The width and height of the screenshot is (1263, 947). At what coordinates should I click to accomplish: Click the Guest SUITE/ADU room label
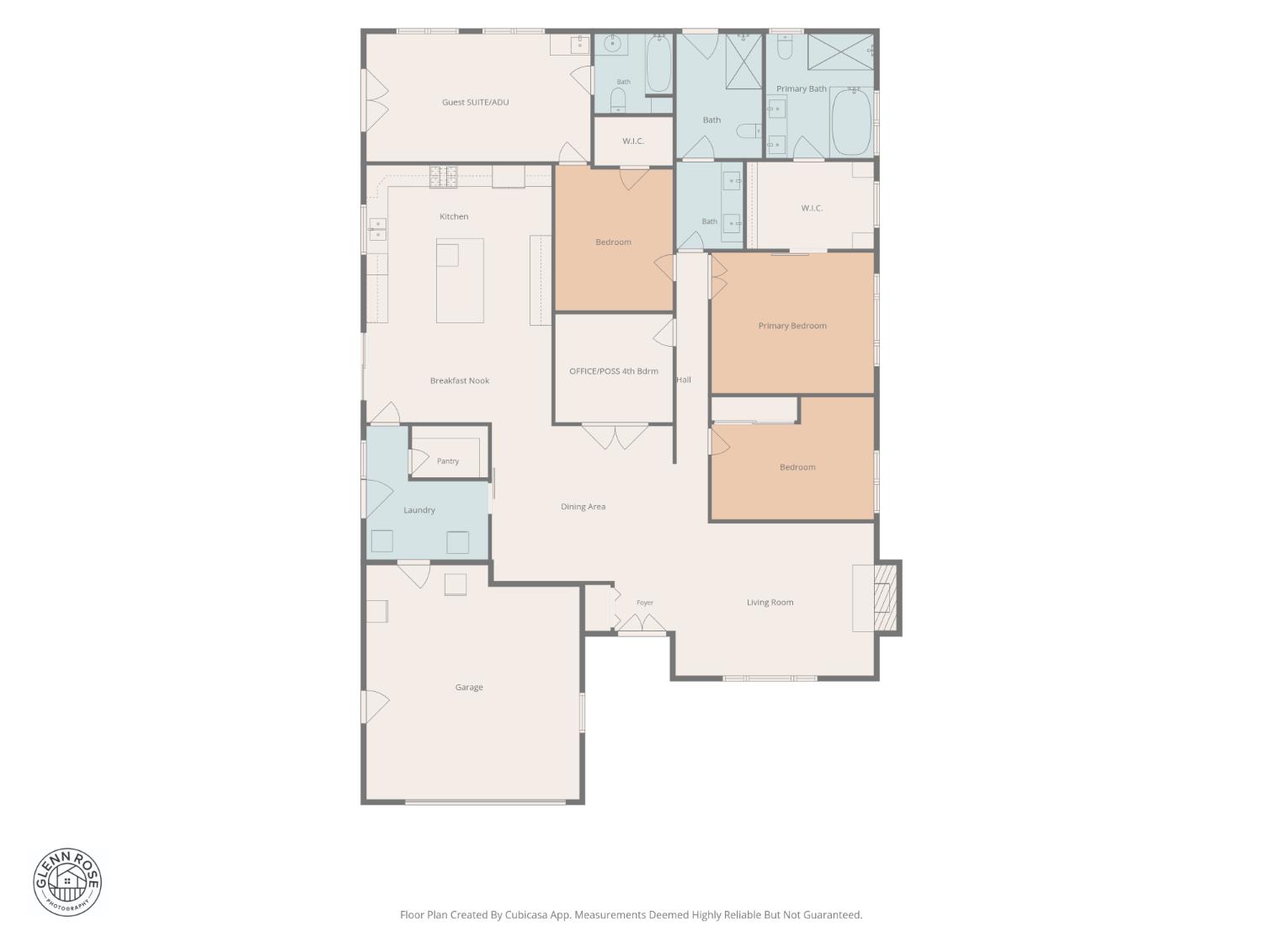[475, 103]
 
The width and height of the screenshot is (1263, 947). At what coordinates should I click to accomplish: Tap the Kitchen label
[453, 216]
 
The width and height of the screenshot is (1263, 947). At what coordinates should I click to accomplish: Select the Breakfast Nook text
[459, 380]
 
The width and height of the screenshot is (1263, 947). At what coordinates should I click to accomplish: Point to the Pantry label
[448, 461]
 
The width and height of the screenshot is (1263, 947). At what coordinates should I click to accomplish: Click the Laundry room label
[418, 510]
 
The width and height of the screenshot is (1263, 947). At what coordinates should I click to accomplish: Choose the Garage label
[468, 687]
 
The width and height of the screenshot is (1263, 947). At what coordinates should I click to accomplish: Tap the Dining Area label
[583, 507]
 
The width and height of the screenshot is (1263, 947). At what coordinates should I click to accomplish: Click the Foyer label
[644, 603]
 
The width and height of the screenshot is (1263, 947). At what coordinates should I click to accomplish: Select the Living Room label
[770, 602]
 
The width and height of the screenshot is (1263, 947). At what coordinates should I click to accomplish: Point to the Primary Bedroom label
[792, 326]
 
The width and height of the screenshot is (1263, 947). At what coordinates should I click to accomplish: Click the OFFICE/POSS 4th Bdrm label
[613, 371]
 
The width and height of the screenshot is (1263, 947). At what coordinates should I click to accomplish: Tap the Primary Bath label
[801, 88]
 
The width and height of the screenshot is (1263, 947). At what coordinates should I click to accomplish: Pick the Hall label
[684, 380]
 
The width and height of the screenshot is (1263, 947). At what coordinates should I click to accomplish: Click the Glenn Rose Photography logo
[67, 882]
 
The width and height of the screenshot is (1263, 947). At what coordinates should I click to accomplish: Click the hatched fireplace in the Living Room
[886, 598]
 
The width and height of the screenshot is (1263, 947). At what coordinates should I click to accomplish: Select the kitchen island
[460, 280]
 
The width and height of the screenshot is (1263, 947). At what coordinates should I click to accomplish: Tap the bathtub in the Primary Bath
[852, 122]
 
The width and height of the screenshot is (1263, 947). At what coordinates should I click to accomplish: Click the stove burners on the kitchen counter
[444, 177]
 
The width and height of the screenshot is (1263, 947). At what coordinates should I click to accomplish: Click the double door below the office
[615, 437]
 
